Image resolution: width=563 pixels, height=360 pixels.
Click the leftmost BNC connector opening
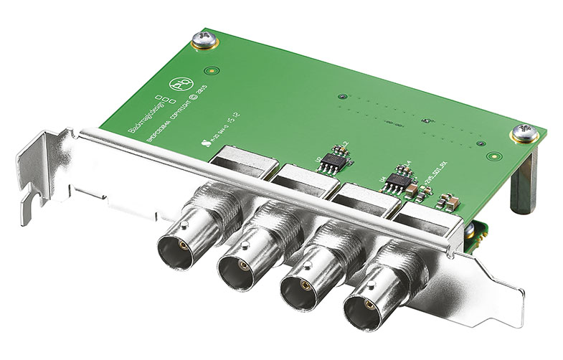pos(175,247)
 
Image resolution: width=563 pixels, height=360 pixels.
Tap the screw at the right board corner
pos(522,133)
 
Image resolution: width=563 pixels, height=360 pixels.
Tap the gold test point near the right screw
pos(491,155)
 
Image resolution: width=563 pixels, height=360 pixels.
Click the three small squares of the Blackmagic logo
pos(163,99)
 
